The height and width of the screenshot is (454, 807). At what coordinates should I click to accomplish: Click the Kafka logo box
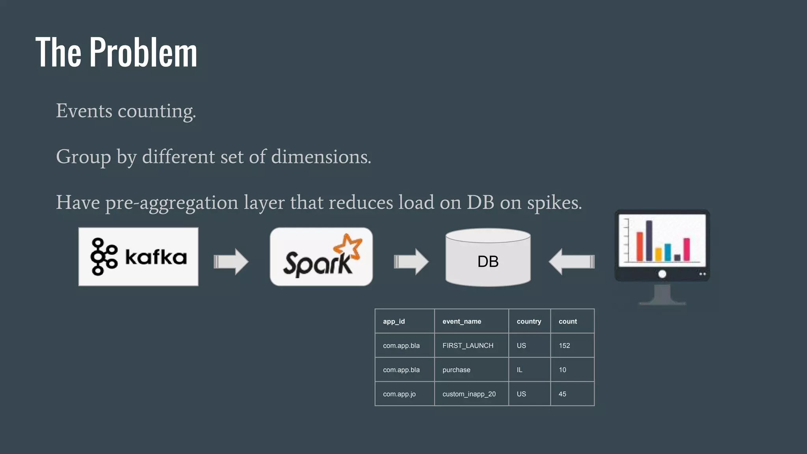(x=138, y=257)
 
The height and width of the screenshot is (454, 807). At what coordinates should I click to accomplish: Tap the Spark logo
(x=321, y=257)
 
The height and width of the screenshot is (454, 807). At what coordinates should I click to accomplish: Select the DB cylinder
(x=488, y=258)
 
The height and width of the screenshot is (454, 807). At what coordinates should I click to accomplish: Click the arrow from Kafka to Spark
(x=231, y=261)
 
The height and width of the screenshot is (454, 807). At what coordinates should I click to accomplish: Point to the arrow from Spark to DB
(x=411, y=261)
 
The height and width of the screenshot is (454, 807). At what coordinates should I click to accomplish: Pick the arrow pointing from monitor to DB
(x=571, y=261)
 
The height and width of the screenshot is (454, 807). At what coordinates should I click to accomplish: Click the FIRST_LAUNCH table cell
(x=468, y=346)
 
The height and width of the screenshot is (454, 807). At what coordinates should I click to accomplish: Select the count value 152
(x=564, y=346)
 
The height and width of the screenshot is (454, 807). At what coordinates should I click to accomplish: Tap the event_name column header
(x=462, y=322)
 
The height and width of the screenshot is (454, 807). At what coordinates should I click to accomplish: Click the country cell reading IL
(x=520, y=370)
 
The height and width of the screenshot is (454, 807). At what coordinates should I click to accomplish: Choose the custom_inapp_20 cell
(x=469, y=394)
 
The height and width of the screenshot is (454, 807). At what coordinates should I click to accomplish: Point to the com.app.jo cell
(x=399, y=394)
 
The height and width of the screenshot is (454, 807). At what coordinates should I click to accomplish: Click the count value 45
(x=562, y=394)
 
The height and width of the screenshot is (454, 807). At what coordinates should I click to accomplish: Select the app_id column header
(x=394, y=322)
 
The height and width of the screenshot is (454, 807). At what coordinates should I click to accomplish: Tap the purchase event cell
(x=456, y=370)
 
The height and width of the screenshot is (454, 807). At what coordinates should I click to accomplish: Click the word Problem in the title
(x=143, y=52)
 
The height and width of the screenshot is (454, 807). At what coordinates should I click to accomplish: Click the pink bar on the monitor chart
(x=686, y=249)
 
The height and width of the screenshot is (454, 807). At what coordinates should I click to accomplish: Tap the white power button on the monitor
(x=662, y=274)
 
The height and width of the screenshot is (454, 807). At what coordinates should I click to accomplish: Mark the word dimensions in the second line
(x=321, y=157)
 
